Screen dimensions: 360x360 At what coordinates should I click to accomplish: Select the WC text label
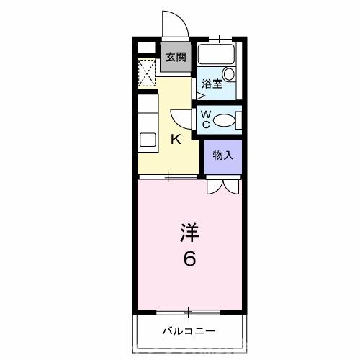click(204, 120)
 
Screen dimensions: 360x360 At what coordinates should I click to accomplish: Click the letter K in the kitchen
click(175, 140)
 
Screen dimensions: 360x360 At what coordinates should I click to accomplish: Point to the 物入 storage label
click(222, 155)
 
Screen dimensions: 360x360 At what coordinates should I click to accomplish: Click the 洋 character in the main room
click(189, 233)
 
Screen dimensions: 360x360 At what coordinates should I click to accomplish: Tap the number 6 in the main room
click(189, 258)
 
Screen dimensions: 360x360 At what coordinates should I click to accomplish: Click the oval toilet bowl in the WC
click(225, 120)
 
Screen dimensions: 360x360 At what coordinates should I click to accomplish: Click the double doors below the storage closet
click(221, 186)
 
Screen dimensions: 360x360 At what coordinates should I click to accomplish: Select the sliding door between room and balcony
click(189, 312)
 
